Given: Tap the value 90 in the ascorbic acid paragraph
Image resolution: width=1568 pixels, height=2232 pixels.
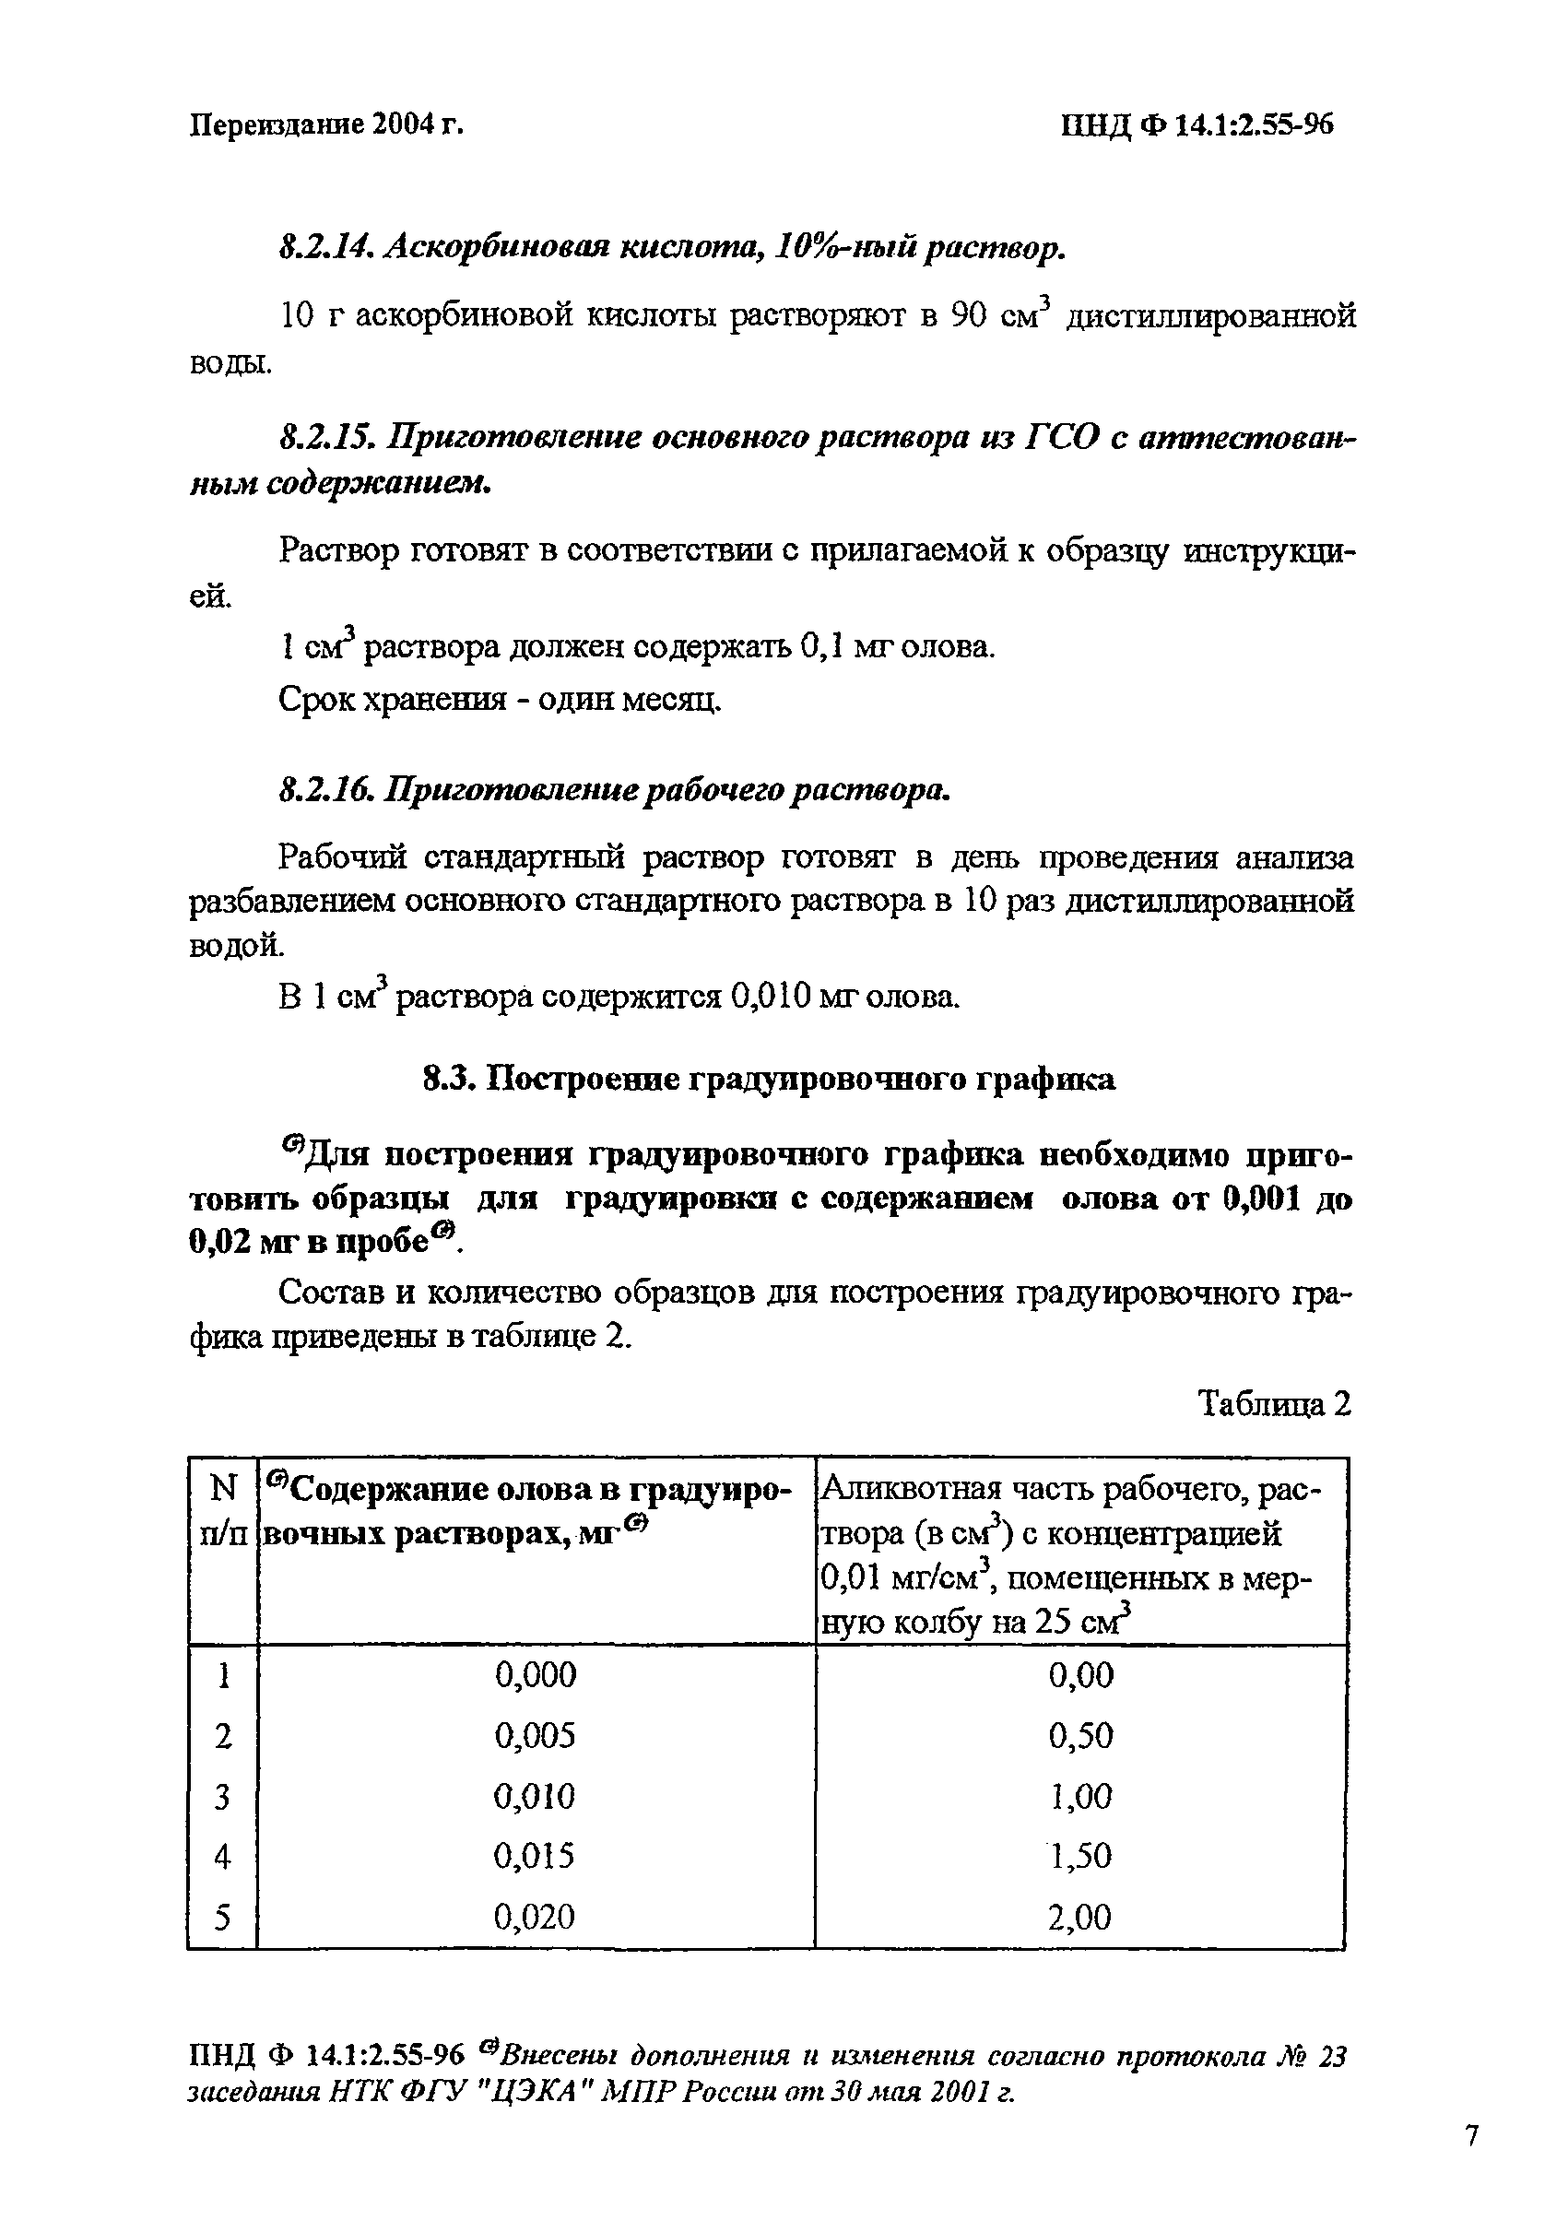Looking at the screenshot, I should pos(969,316).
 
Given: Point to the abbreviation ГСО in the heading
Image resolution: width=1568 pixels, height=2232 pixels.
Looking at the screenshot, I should pos(1063,439).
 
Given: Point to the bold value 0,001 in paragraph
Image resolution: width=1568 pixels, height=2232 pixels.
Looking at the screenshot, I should pos(1262,1199).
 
